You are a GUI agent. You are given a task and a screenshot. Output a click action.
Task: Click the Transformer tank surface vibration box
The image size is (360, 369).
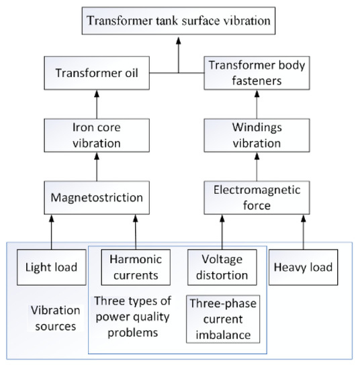[178, 21]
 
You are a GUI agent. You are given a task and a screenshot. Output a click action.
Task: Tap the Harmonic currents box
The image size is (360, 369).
[135, 267]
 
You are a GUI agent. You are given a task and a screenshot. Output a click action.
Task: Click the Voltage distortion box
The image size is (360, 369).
[220, 267]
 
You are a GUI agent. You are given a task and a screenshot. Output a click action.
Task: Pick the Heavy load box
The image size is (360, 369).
[301, 267]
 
